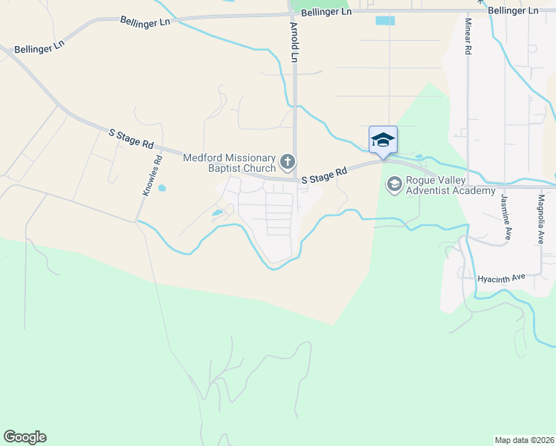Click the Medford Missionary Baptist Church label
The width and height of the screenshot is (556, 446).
(x=230, y=163)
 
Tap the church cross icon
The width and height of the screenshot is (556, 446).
(x=288, y=161)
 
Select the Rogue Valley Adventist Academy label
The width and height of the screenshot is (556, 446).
(x=450, y=185)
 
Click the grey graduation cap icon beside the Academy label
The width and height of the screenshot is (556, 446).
(x=393, y=184)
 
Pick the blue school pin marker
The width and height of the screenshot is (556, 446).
(x=383, y=140)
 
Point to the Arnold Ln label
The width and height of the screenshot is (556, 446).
(x=294, y=42)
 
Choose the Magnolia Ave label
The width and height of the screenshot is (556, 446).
(x=541, y=219)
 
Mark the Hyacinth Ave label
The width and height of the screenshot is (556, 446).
(x=502, y=277)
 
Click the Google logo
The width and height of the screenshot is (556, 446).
(x=25, y=437)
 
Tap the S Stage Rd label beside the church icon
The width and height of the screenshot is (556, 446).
(x=325, y=175)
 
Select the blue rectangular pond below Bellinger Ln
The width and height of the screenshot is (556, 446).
(x=385, y=21)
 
